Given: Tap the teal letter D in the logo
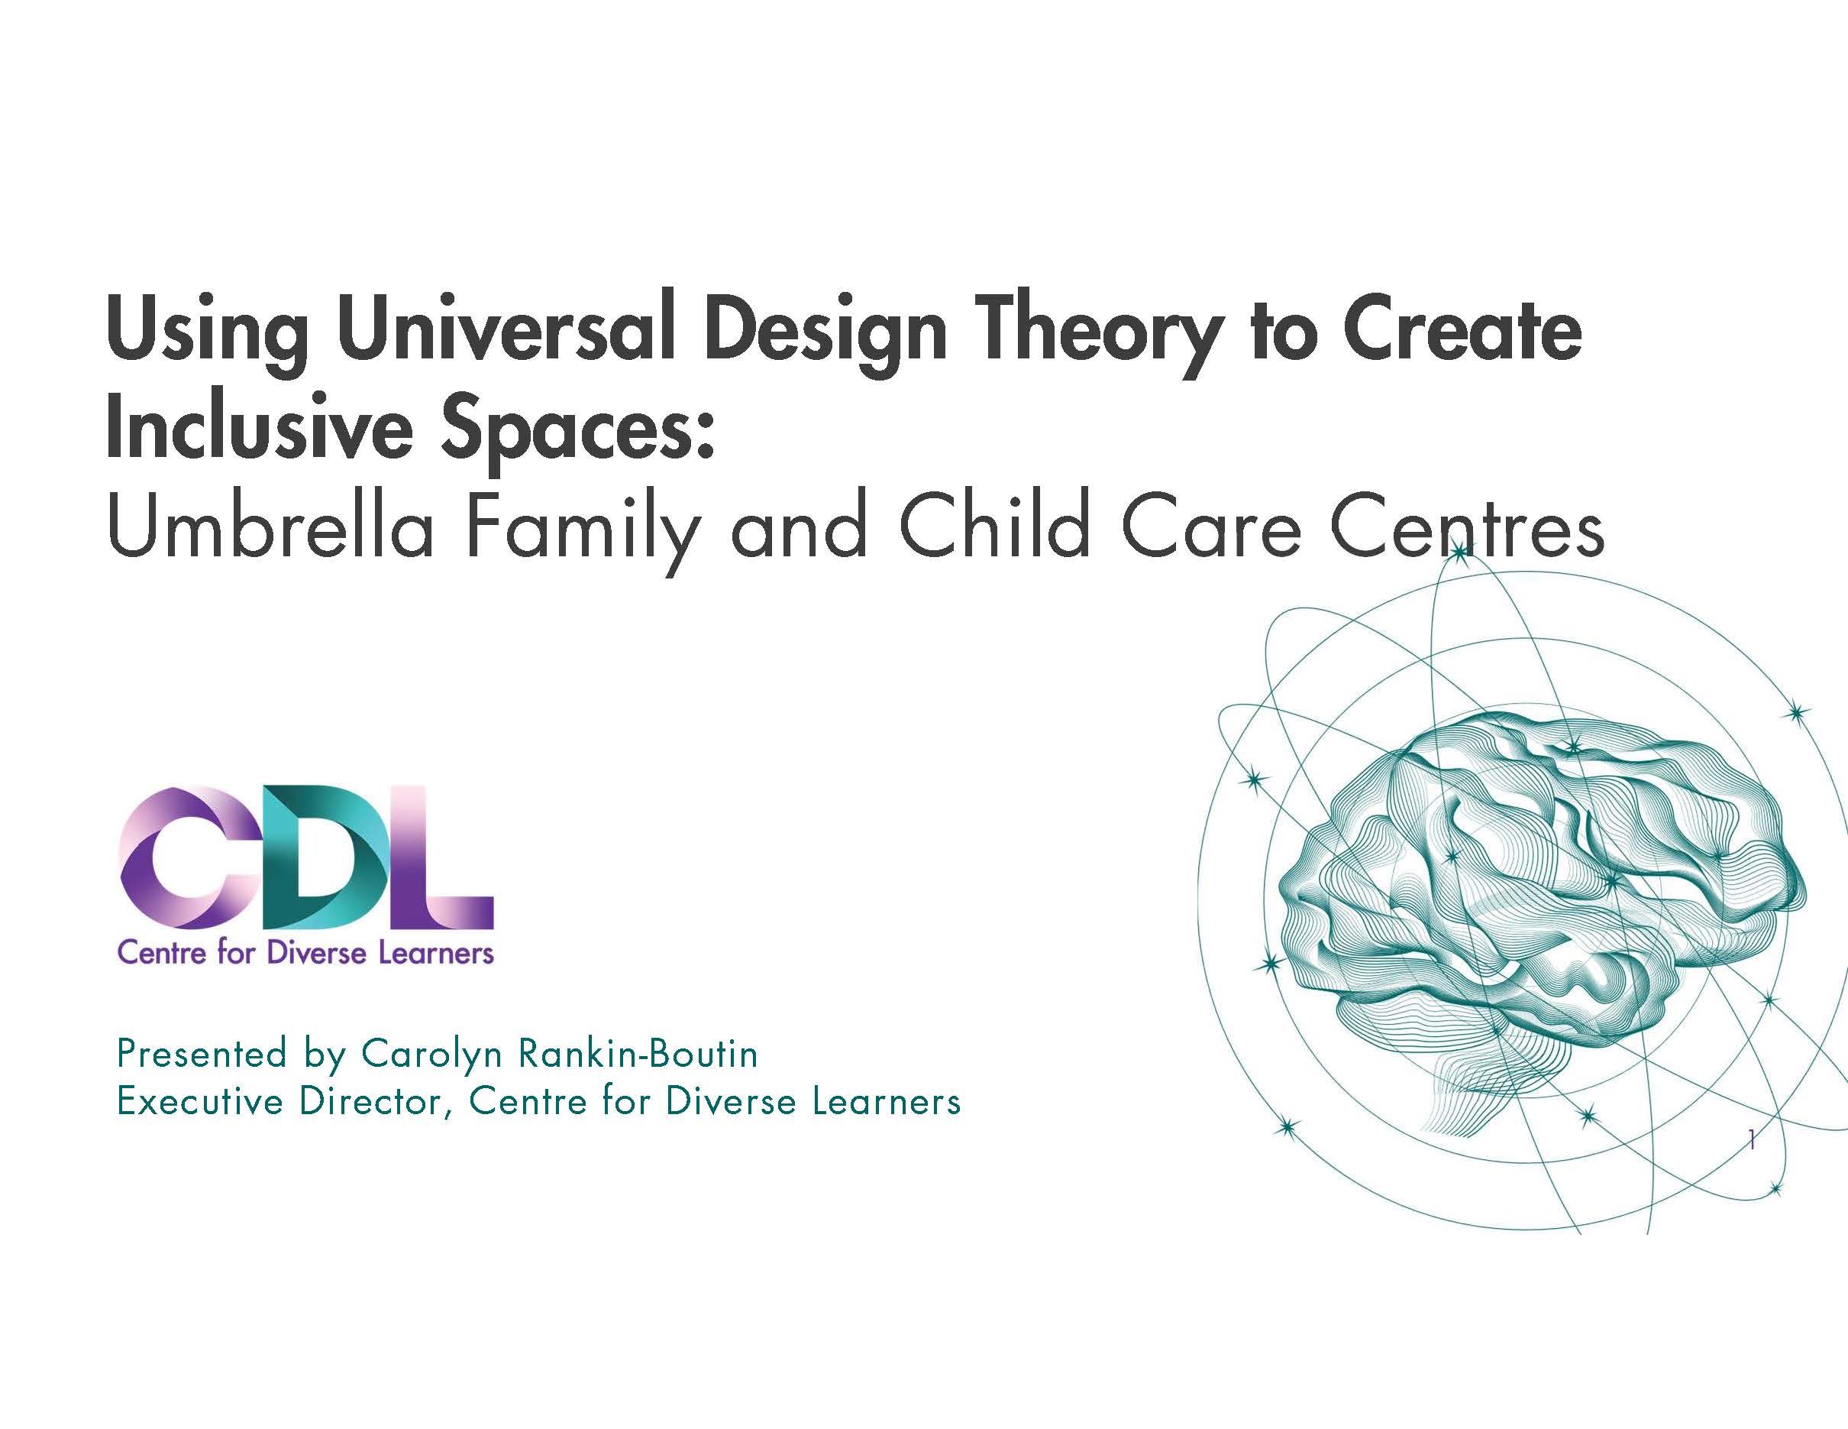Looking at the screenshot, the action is (334, 857).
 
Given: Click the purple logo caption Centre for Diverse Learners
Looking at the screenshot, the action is (305, 953).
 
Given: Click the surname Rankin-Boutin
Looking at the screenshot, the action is (638, 1054).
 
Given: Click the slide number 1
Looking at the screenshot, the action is (1752, 1140).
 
